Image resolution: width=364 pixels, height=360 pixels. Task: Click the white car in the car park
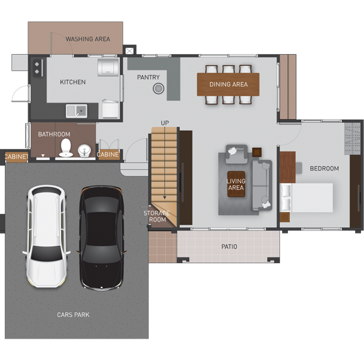[x=47, y=236]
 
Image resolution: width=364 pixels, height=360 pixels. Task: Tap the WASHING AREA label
[x=88, y=39]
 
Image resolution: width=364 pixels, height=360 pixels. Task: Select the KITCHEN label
[x=73, y=82]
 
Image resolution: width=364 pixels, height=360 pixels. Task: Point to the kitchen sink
[x=76, y=111]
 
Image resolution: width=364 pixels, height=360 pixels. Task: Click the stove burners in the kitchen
[x=36, y=67]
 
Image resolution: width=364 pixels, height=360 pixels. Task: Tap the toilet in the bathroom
[x=66, y=148]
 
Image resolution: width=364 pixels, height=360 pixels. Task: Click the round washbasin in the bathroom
[x=84, y=150]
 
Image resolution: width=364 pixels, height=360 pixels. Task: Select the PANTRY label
[x=148, y=77]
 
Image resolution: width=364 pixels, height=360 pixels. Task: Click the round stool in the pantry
[x=158, y=89]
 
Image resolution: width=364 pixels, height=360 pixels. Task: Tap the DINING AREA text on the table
[x=229, y=84]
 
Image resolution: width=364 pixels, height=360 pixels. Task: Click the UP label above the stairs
[x=165, y=123]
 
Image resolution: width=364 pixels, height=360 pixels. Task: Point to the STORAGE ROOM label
[x=157, y=217]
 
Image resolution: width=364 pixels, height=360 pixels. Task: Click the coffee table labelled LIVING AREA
[x=236, y=184]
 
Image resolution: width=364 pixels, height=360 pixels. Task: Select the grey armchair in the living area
[x=237, y=154]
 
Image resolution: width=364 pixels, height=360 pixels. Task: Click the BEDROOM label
[x=324, y=169]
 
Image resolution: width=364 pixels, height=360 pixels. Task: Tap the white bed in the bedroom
[x=307, y=198]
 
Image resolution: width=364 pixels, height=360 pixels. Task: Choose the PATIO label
[x=229, y=247]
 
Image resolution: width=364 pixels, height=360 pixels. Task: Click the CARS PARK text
[x=73, y=315]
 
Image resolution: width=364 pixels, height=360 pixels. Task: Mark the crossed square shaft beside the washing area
[x=130, y=51]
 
